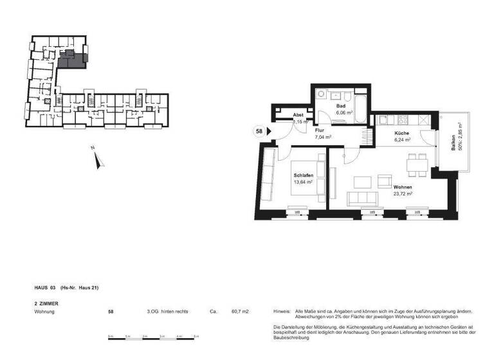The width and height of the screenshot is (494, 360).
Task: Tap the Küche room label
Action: pos(402,132)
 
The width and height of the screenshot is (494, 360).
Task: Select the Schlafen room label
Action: pos(304,175)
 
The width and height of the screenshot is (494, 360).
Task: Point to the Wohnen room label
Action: pos(403,186)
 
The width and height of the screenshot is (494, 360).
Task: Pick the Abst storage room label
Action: pos(298,114)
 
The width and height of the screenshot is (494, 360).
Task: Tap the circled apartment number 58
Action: pos(259,131)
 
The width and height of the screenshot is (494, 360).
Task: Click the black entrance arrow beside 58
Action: pos(269,131)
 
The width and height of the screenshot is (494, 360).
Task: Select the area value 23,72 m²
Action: pos(403,193)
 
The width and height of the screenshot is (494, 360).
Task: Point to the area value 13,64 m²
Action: pos(304,182)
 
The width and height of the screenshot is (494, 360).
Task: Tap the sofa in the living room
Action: pos(361,197)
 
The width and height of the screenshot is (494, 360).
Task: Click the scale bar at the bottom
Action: pos(154,337)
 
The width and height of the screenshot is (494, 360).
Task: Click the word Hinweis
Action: pos(282,311)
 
